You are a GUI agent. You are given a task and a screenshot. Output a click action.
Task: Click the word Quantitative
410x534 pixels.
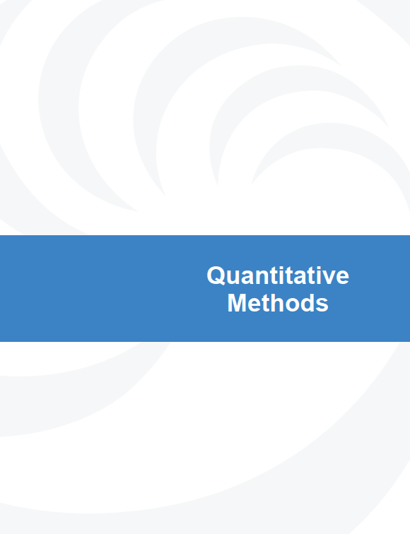(x=278, y=275)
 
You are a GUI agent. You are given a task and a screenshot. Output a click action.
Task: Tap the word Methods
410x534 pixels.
(x=278, y=303)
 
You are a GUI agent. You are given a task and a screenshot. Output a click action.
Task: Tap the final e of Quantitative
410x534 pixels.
(x=342, y=278)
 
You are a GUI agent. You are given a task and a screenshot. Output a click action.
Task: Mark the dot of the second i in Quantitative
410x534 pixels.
(x=315, y=267)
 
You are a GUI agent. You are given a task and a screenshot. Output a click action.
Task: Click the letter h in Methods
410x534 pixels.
(x=279, y=302)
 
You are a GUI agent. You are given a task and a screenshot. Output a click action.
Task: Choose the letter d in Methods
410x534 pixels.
(x=309, y=303)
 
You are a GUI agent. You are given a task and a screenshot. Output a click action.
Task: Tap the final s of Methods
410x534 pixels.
(x=322, y=305)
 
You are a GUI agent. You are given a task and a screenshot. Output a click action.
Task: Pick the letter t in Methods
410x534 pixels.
(x=267, y=304)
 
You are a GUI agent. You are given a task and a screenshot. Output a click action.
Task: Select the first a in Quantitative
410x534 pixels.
(x=247, y=278)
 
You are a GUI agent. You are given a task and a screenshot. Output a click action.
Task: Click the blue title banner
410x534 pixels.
(x=205, y=288)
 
